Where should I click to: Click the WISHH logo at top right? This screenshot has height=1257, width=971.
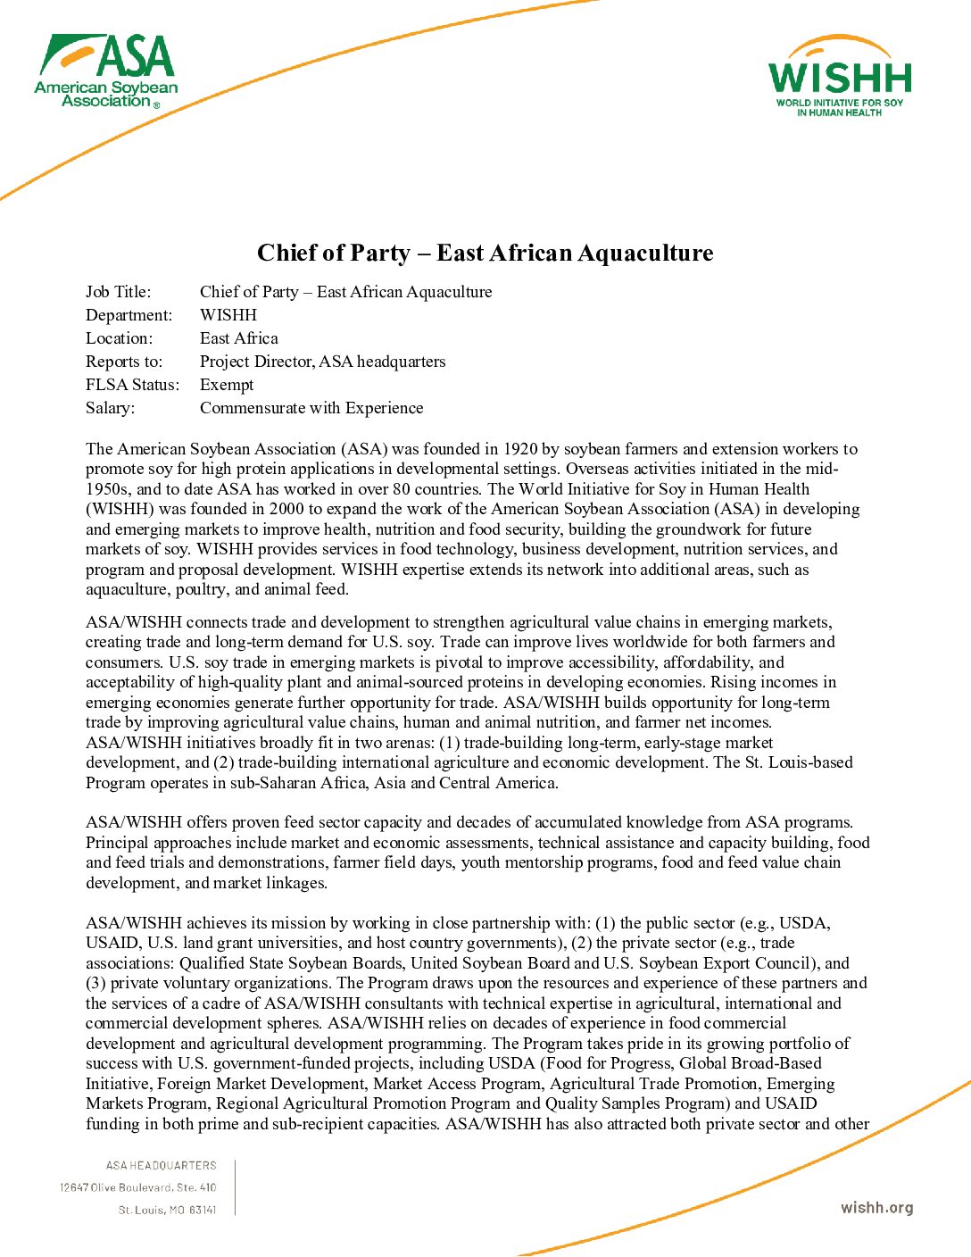[x=840, y=79]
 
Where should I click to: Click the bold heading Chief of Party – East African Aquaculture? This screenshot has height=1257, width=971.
[x=485, y=254]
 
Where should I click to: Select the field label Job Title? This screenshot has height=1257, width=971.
[x=119, y=292]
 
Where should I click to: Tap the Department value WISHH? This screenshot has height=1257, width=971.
[x=228, y=315]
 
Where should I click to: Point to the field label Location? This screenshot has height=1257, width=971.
[x=120, y=338]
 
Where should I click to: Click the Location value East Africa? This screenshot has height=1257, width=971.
[x=239, y=338]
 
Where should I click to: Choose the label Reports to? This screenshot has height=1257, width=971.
[x=124, y=362]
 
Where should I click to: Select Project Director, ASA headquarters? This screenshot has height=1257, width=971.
[x=322, y=362]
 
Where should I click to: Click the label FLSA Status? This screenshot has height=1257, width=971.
[x=132, y=385]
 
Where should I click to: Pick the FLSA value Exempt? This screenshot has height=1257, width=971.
[x=227, y=385]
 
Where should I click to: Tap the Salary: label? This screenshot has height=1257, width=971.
[x=111, y=408]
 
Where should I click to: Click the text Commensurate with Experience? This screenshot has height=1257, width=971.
[x=311, y=408]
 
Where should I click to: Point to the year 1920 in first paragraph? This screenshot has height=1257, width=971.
[x=520, y=449]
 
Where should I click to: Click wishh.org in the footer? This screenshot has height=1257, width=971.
[x=876, y=1208]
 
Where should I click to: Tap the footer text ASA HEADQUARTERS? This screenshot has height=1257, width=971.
[x=162, y=1165]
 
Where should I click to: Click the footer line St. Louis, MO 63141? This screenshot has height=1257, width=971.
[x=168, y=1210]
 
